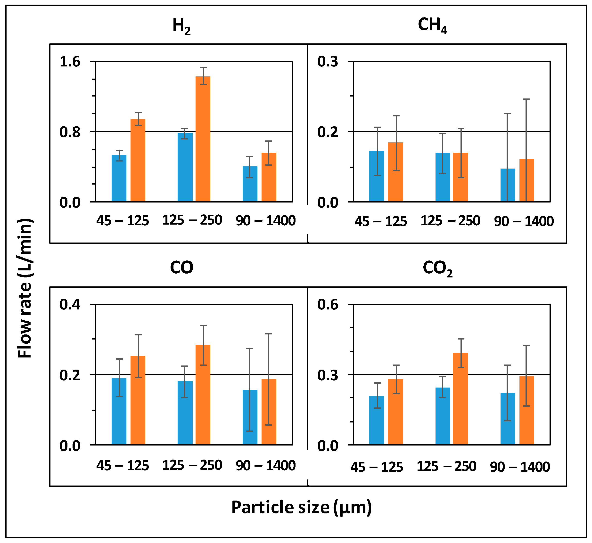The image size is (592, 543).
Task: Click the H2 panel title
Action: (181, 26)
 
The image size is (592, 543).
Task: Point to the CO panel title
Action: (181, 268)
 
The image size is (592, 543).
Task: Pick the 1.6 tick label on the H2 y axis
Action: (70, 62)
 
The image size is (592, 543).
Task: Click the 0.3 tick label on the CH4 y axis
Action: (328, 62)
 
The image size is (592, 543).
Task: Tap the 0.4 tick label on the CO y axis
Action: (70, 305)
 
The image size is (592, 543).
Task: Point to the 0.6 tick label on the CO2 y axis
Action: (328, 305)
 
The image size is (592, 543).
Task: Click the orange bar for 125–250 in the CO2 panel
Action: (460, 398)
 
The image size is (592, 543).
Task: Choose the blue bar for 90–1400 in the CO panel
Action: (250, 417)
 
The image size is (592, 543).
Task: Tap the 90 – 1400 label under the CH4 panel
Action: (524, 221)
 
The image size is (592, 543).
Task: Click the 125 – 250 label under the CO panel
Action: (192, 465)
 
